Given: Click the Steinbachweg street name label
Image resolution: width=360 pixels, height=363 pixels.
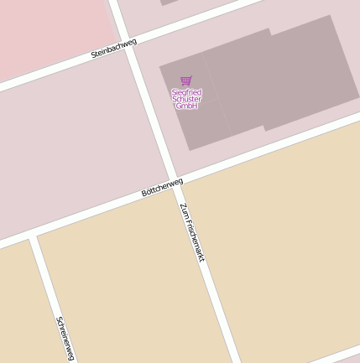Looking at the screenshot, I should pos(113,48).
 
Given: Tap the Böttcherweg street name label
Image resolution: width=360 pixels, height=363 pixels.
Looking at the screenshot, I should pos(162,187).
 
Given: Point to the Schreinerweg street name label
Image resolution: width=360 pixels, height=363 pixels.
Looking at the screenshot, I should pos(65,338).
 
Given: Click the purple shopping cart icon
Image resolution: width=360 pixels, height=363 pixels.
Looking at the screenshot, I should pos(186,80).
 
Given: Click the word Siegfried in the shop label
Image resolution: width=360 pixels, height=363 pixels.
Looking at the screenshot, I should pos(186,92).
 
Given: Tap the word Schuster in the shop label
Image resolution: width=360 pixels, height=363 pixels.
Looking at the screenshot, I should pos(186,99).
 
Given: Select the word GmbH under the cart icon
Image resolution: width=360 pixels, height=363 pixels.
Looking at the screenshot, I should pos(186,106).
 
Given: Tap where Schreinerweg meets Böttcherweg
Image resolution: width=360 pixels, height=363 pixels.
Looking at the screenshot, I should pos(34,236).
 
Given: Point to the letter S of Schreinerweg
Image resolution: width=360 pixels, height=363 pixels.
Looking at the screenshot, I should pos(59,319).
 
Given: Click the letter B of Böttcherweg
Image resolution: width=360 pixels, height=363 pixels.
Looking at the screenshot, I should pos(144,194).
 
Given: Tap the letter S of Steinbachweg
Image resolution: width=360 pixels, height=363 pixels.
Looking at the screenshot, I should pos(93,56).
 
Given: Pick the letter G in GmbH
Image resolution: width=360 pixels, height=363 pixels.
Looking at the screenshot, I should pos(178,106).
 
